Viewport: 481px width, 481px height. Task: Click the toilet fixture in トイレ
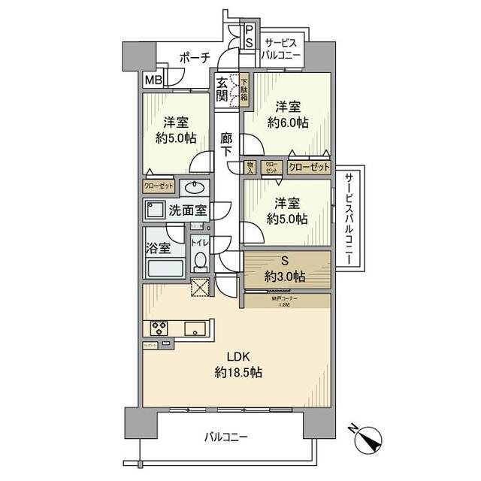[x=200, y=260]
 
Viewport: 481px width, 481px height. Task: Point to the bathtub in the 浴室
[x=165, y=269]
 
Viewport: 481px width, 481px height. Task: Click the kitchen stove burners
[x=159, y=328]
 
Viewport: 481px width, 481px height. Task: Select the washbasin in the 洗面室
[x=197, y=188]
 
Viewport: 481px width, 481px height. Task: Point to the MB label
[x=153, y=79]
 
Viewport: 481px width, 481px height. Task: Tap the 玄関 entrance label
[x=222, y=89]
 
